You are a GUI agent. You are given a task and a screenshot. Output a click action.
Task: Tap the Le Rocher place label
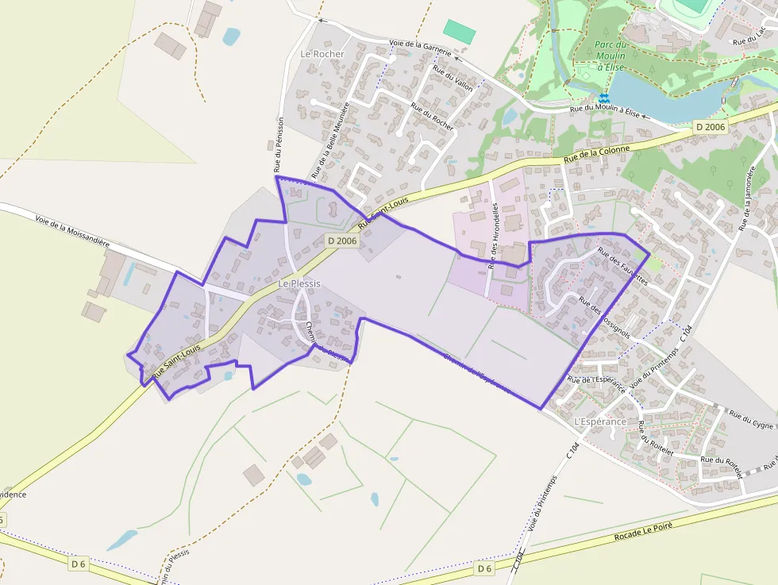point(322,54)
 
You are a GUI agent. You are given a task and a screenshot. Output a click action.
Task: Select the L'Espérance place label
point(599,421)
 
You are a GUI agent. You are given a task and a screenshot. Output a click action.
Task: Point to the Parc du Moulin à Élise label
point(610,56)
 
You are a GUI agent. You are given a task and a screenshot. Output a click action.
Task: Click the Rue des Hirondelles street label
point(495,236)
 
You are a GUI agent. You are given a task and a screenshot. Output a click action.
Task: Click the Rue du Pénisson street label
point(278,144)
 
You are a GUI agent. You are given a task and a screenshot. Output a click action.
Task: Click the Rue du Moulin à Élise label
point(605,112)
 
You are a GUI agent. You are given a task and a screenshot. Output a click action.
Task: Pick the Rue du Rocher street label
point(432,116)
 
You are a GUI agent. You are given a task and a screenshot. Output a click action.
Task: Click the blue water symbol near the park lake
point(603,98)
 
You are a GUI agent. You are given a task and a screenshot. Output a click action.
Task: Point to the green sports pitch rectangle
point(459,32)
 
